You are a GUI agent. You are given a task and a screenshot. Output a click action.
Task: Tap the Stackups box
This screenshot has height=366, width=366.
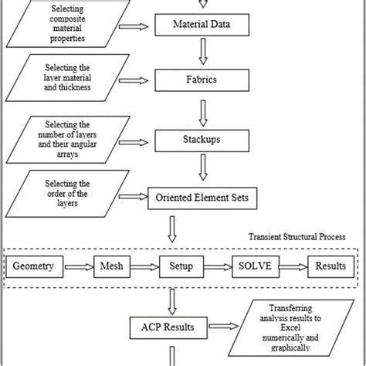(202, 141)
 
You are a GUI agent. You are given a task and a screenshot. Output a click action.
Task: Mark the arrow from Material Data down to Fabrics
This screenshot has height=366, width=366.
(202, 52)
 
